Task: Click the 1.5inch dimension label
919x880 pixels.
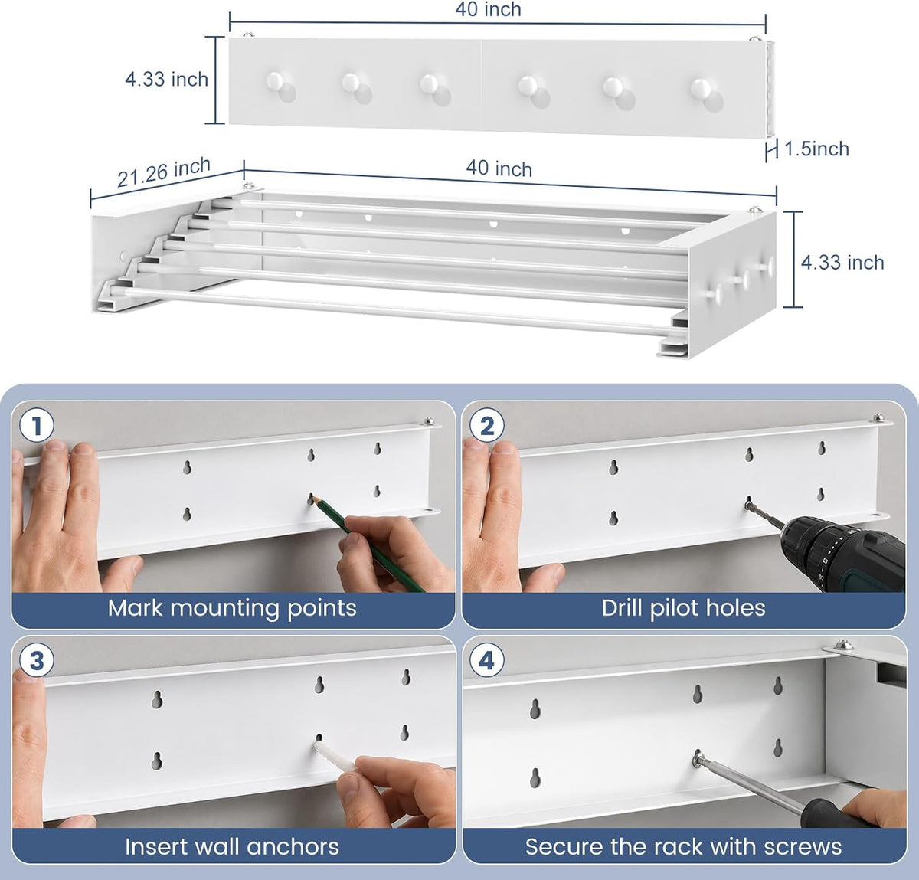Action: coord(816,149)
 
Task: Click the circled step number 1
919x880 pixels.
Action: coord(37,426)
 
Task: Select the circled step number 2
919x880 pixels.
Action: coord(487,426)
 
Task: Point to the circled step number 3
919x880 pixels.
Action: coord(37,660)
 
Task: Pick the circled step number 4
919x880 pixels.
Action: coord(487,660)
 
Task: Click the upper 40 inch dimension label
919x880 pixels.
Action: coord(489,9)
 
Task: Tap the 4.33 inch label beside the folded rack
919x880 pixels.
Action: coord(166,80)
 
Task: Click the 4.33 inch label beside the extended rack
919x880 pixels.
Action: coord(842,263)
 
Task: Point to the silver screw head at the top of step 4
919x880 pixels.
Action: coord(843,645)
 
